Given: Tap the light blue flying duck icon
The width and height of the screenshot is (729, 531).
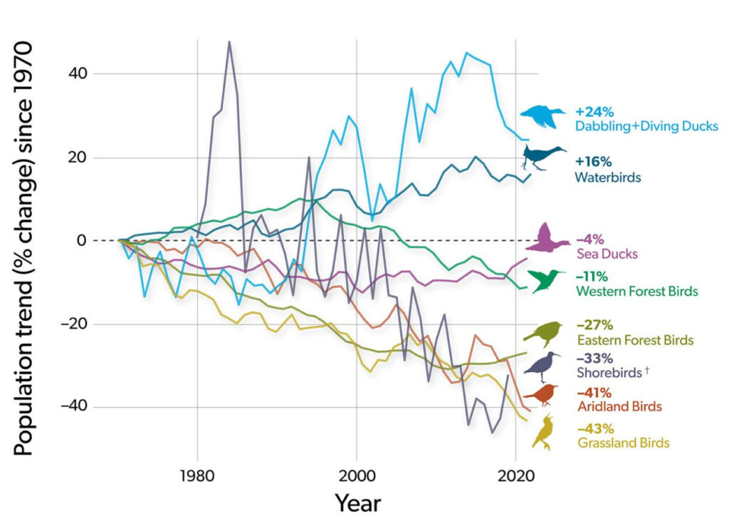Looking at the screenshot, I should pyautogui.click(x=544, y=115).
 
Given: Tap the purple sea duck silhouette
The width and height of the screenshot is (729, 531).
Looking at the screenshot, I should pyautogui.click(x=548, y=239).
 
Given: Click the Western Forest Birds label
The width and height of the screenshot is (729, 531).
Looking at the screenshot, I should pyautogui.click(x=636, y=291).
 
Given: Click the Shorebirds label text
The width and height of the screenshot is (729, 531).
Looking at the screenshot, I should pyautogui.click(x=610, y=371).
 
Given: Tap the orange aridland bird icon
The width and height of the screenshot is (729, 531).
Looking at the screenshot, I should pyautogui.click(x=542, y=394).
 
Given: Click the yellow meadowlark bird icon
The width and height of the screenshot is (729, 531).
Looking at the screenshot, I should pyautogui.click(x=544, y=433).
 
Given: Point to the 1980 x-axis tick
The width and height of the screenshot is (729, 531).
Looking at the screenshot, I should pyautogui.click(x=196, y=475).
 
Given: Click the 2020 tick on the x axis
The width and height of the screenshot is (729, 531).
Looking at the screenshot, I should pyautogui.click(x=515, y=475).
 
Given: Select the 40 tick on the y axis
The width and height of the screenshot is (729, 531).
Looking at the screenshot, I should pyautogui.click(x=91, y=74).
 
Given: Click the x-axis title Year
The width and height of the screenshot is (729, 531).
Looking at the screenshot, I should pyautogui.click(x=357, y=503).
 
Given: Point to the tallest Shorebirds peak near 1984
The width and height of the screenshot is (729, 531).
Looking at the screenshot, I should pyautogui.click(x=229, y=42).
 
